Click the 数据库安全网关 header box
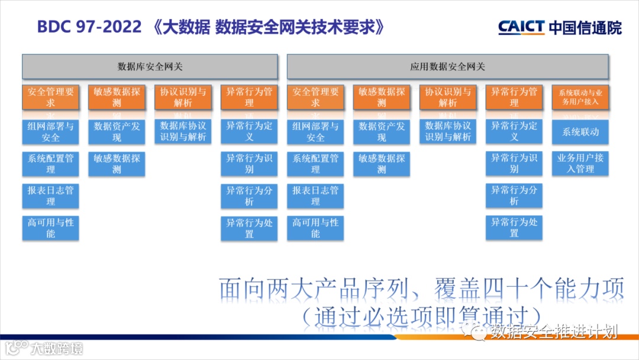pyautogui.click(x=150, y=66)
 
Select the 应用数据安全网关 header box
pyautogui.click(x=447, y=66)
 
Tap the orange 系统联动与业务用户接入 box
pyautogui.click(x=580, y=97)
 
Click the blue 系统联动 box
pyautogui.click(x=580, y=132)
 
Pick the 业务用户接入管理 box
pyautogui.click(x=580, y=163)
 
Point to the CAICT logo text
pyautogui.click(x=521, y=27)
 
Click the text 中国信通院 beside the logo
pyautogui.click(x=585, y=27)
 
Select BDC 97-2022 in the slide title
pyautogui.click(x=89, y=27)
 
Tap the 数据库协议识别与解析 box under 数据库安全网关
pyautogui.click(x=183, y=131)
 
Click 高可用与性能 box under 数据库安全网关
pyautogui.click(x=51, y=228)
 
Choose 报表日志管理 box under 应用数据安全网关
pyautogui.click(x=315, y=196)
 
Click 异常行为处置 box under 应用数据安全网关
pyautogui.click(x=514, y=228)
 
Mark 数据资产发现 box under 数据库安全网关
pyautogui.click(x=117, y=131)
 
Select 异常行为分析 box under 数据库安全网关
pyautogui.click(x=249, y=196)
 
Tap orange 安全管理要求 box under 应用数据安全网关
pyautogui.click(x=315, y=97)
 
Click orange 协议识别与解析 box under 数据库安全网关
pyautogui.click(x=183, y=97)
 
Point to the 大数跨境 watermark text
pyautogui.click(x=57, y=348)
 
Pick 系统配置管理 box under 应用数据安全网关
pyautogui.click(x=315, y=164)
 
